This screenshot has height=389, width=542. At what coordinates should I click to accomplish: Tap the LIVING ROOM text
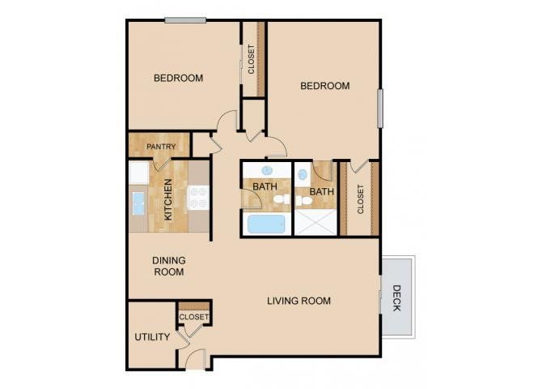(299, 301)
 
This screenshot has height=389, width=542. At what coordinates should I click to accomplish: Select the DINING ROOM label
(169, 266)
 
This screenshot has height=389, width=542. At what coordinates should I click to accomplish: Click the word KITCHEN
(168, 199)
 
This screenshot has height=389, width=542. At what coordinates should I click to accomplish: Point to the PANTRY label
(161, 147)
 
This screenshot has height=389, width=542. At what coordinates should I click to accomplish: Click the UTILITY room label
(152, 337)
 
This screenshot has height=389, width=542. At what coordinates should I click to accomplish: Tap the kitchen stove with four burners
(199, 199)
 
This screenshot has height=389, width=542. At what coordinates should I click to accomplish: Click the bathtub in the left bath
(266, 224)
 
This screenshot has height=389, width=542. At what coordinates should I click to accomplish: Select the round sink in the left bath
(267, 171)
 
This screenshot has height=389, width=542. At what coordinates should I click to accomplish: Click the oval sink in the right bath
(301, 173)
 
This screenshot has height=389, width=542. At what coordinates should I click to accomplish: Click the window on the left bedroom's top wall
(184, 20)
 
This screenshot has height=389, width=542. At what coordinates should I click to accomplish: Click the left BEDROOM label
(178, 79)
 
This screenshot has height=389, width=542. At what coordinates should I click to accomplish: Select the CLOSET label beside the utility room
(194, 317)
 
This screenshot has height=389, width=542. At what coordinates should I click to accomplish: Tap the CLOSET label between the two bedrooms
(252, 59)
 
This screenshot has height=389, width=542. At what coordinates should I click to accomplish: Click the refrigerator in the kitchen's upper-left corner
(138, 173)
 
